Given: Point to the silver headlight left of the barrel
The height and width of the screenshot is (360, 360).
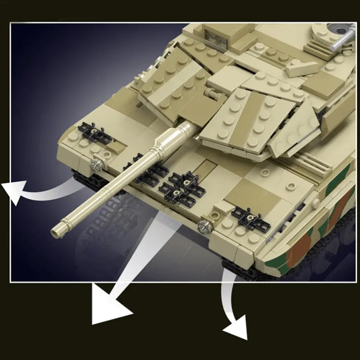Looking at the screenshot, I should [x=95, y=165].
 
